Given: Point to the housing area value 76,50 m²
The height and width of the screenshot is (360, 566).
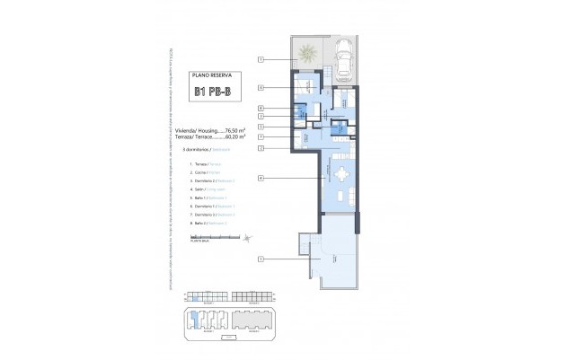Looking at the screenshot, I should click(x=234, y=129).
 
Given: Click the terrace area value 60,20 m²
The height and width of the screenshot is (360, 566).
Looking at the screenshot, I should click(x=234, y=136).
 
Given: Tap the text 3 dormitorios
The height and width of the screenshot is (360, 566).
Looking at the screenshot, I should click(x=203, y=149).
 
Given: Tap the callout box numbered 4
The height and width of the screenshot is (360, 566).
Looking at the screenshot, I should click(x=261, y=179).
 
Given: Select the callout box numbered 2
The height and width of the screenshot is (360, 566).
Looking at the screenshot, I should click(x=261, y=147).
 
